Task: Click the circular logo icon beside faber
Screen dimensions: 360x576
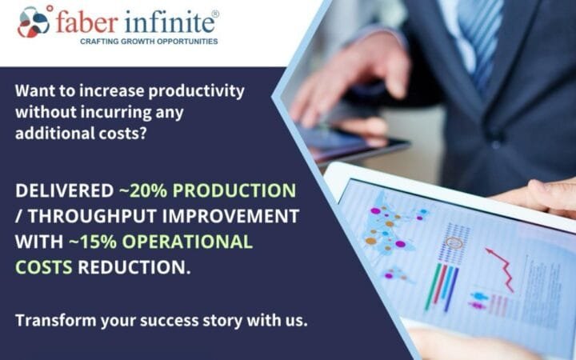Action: [34, 22]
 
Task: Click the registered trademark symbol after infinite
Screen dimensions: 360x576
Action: [214, 13]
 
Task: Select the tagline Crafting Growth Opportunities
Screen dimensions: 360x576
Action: [148, 40]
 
